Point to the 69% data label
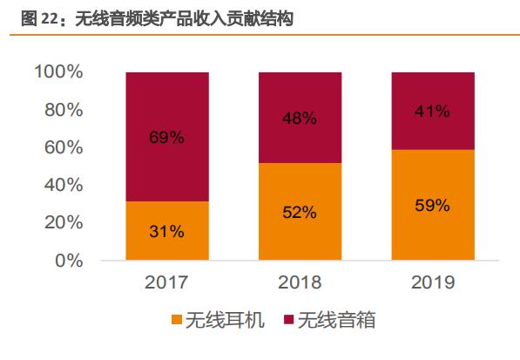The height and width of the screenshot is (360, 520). coord(167,137)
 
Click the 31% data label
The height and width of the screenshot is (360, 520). coord(167,231)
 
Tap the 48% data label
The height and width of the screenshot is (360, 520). coord(300,118)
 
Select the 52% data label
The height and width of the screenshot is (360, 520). coord(300,212)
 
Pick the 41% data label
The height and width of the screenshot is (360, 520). coord(432,111)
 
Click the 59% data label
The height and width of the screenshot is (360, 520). coord(432,206)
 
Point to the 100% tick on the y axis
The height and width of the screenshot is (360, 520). coord(59,72)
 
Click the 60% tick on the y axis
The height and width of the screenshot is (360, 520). coord(64,147)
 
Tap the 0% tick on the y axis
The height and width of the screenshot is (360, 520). coord(69,261)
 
